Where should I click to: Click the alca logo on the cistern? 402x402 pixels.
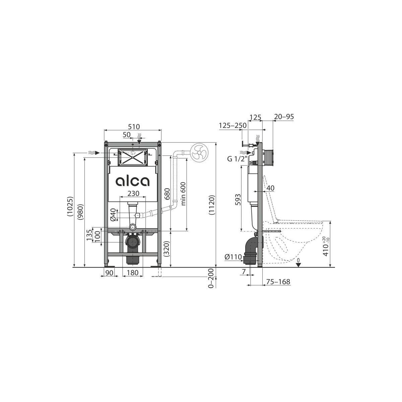coord(132,181)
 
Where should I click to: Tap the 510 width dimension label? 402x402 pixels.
coord(134,127)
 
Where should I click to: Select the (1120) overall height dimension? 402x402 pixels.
coord(211,205)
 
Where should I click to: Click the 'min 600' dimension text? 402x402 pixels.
coord(183,194)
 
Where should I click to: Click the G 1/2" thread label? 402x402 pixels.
coord(237,159)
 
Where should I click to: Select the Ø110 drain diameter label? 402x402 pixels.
coord(233,257)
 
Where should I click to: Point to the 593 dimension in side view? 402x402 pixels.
coord(238,200)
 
